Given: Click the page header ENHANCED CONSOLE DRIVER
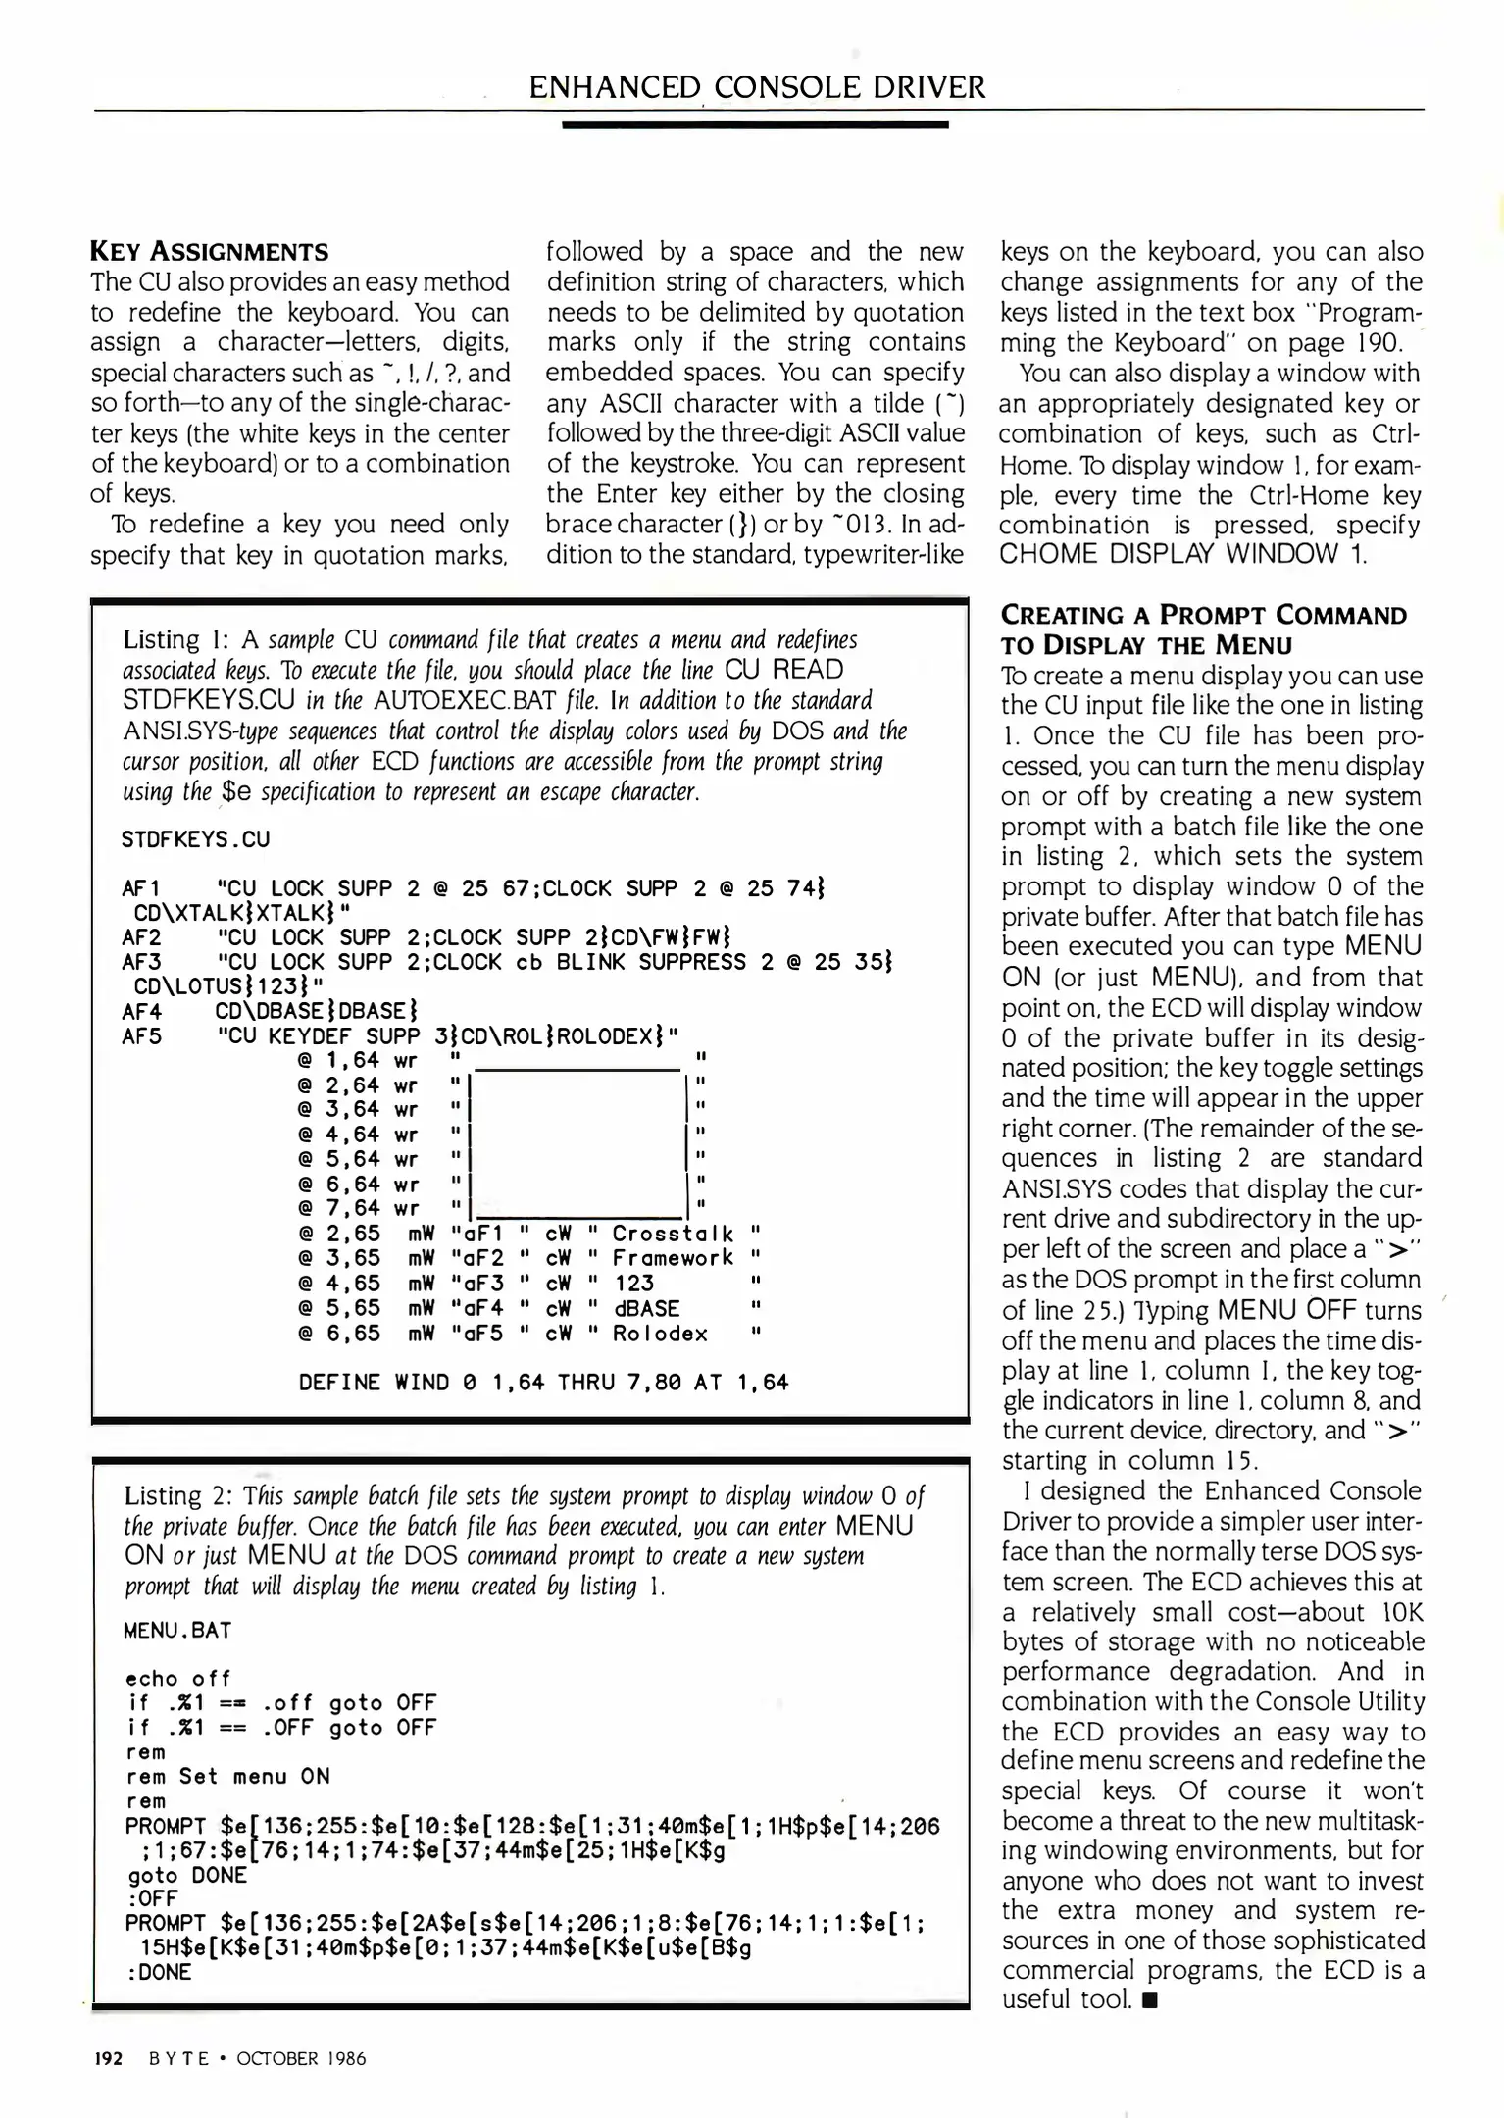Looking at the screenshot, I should point(756,87).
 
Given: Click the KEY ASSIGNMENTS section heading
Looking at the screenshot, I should point(209,252).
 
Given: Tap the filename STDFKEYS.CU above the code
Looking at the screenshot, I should point(195,839).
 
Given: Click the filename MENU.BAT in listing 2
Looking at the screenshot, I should point(177,1630).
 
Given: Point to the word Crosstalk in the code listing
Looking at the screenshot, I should point(673,1234).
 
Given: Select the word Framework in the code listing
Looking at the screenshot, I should point(673,1258).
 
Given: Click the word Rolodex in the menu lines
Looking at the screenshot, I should point(660,1334).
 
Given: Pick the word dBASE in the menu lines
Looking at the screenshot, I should point(646,1308).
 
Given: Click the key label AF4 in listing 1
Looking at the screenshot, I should point(141,1011).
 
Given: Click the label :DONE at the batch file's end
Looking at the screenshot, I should point(159,1972).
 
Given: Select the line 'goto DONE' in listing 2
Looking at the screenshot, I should point(186,1874).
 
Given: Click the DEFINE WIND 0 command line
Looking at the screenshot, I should point(543,1383).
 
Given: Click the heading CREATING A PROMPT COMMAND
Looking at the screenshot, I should point(1202,616).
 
